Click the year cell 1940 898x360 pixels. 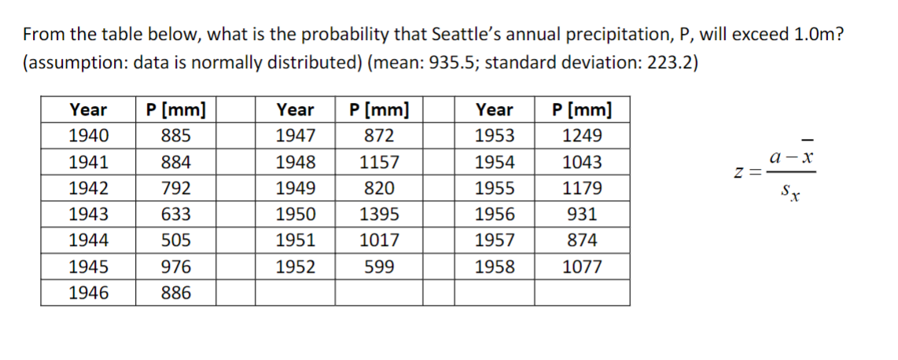(89, 136)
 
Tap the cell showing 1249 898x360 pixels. (582, 136)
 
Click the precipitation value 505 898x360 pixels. (175, 241)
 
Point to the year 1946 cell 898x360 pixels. (89, 293)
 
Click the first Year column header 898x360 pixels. (89, 110)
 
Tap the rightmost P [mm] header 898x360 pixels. (582, 110)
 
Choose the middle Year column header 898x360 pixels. (295, 110)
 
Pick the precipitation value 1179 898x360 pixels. (582, 189)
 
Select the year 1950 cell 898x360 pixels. (295, 215)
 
